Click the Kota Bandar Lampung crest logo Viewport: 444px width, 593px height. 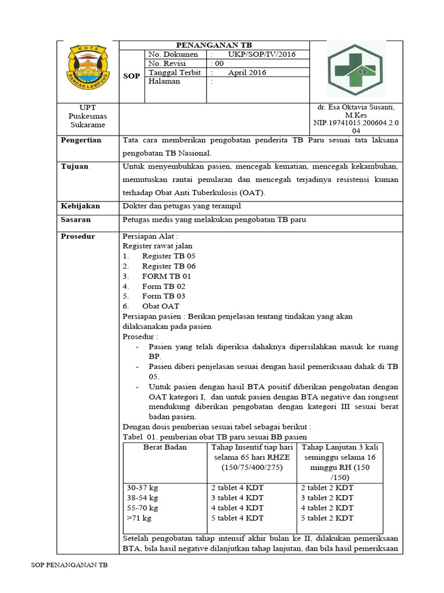tap(88, 71)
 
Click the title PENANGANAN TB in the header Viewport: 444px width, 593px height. tap(214, 45)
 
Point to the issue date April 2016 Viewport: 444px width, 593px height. tap(248, 73)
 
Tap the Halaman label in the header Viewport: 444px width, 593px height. tap(164, 82)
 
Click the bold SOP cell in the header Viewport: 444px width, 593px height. tap(131, 76)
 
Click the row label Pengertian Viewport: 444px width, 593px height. tap(81, 140)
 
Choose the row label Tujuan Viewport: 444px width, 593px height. tap(75, 167)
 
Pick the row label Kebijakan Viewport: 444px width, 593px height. tap(80, 206)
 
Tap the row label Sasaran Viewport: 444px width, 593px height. tap(77, 220)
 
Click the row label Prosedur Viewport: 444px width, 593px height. tap(79, 236)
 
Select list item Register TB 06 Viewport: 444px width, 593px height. tap(168, 266)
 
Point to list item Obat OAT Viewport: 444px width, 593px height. tap(160, 306)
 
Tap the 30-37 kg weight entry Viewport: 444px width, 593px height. tap(142, 488)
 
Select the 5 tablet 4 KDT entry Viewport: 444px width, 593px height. tap(237, 518)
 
